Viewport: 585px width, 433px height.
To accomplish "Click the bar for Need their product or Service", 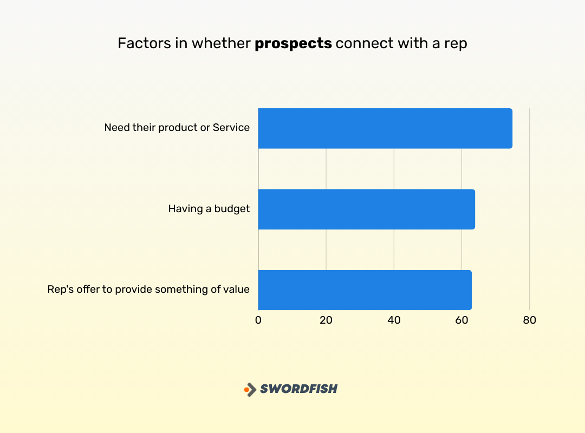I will [385, 128].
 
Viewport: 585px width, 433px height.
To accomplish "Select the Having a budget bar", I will [366, 209].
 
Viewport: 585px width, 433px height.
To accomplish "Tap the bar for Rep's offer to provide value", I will [365, 290].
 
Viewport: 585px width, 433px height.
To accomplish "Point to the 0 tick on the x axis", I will [258, 320].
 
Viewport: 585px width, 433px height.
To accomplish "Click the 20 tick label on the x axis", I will [326, 320].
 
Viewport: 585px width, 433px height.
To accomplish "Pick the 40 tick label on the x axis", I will [394, 320].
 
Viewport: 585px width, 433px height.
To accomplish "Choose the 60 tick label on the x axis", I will [461, 320].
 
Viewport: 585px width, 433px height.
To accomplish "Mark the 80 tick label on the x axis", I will [529, 320].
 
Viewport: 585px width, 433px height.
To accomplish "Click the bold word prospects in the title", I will [293, 44].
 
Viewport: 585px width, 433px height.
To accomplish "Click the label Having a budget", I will [209, 209].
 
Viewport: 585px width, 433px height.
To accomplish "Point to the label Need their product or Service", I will [177, 128].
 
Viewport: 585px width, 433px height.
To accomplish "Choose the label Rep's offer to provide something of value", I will [148, 290].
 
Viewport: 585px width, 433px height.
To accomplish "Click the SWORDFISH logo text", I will [298, 389].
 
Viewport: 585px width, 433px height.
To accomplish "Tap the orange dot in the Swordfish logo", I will [246, 389].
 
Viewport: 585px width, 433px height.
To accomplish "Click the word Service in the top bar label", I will [231, 128].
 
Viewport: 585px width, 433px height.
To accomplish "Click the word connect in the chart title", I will [357, 43].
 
